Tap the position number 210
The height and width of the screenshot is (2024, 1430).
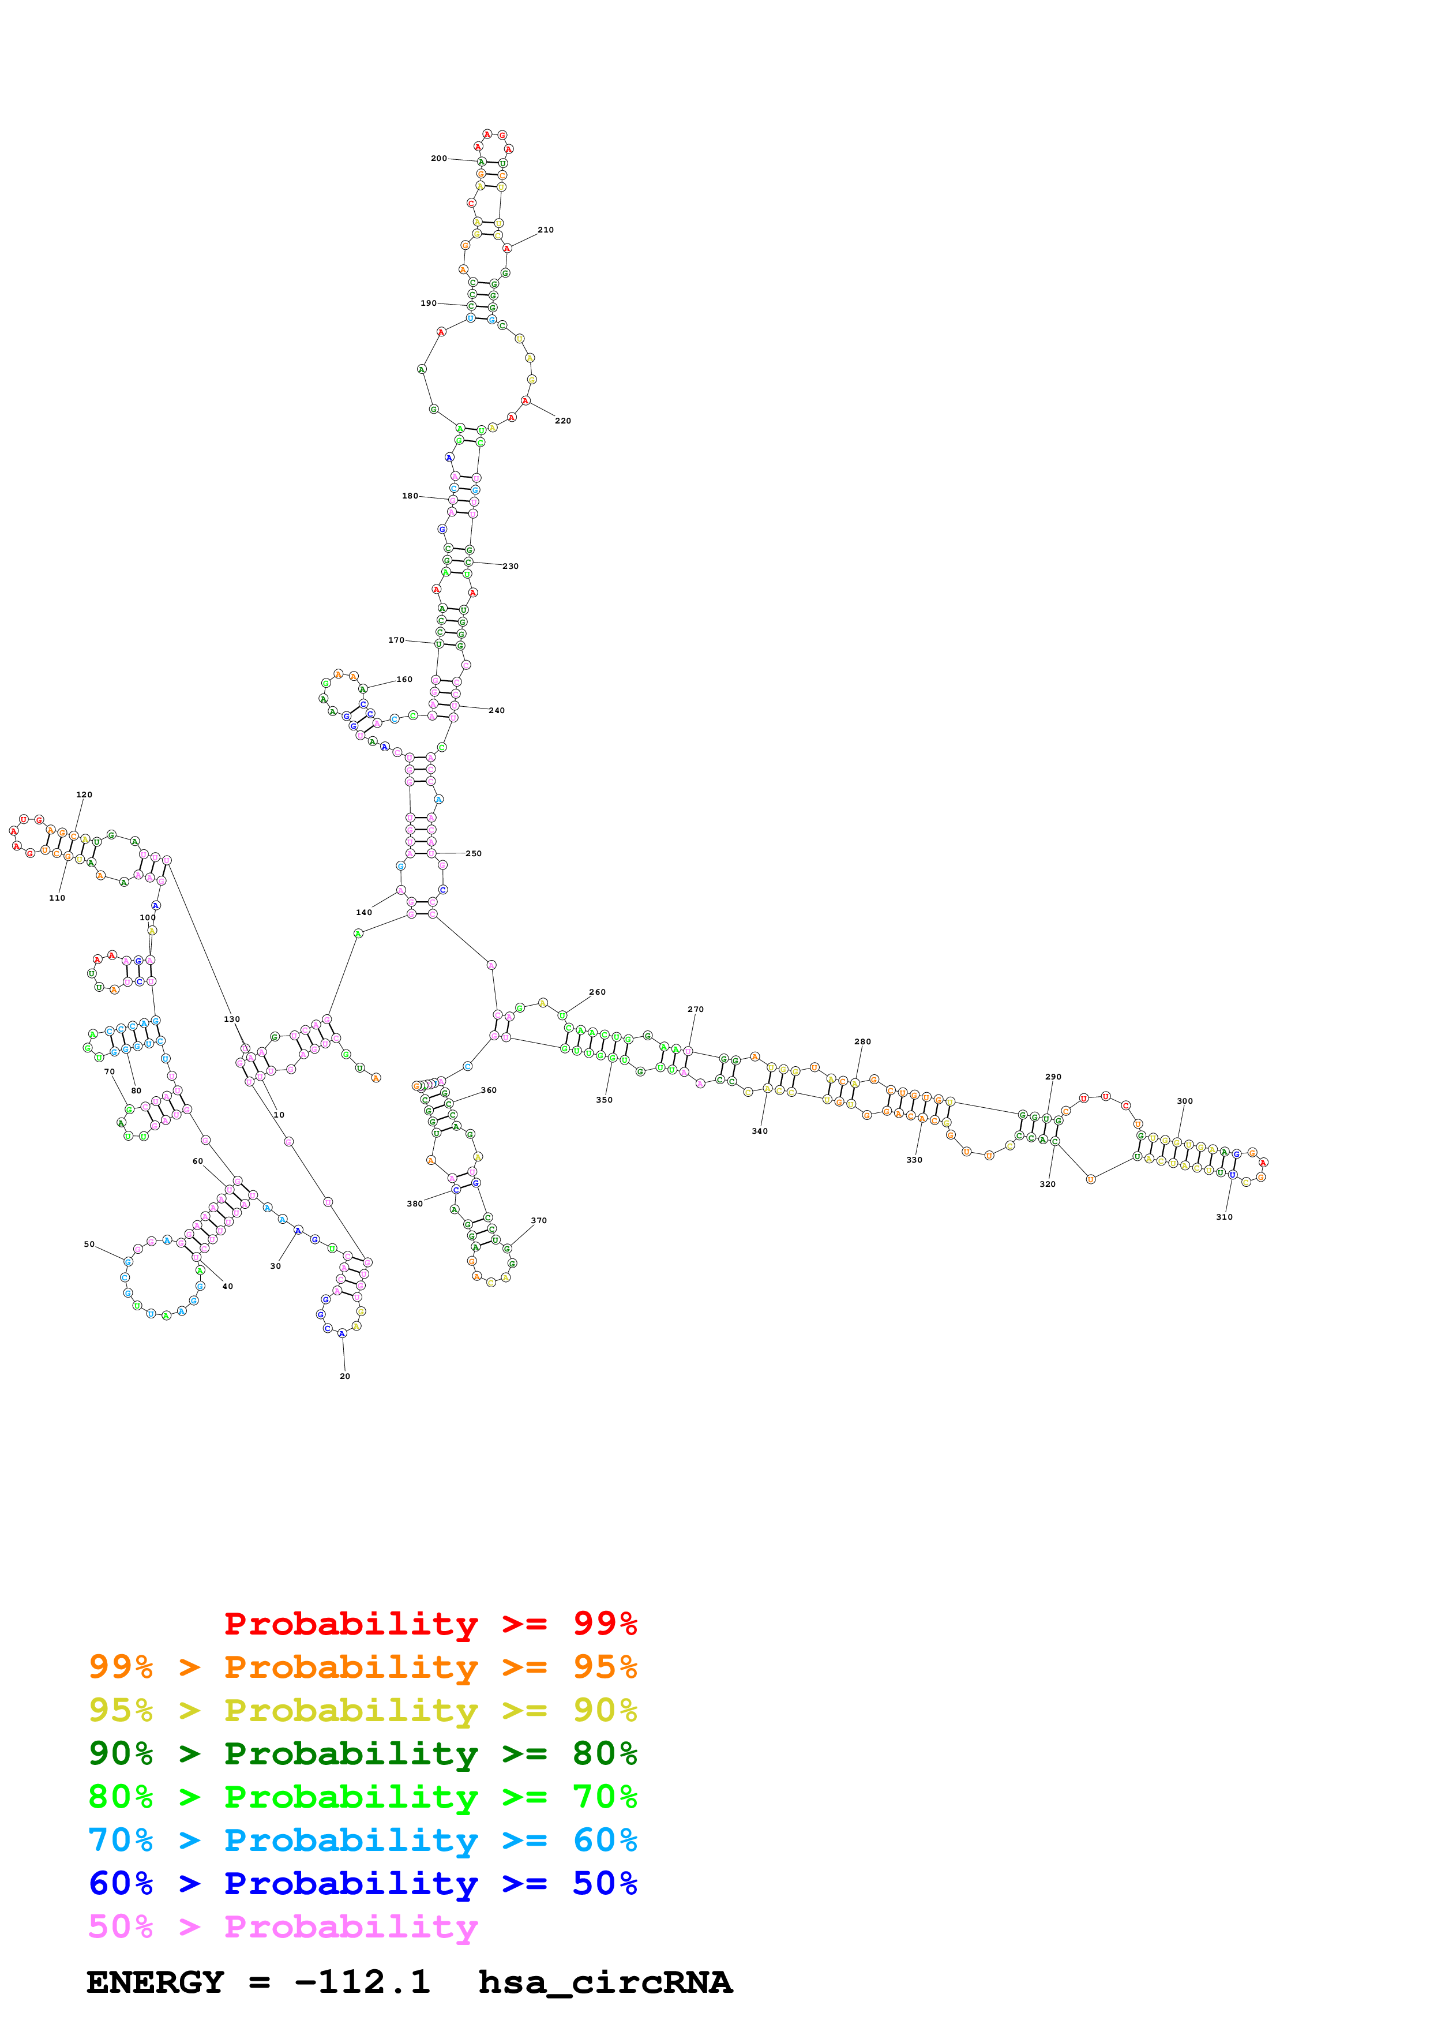click(545, 230)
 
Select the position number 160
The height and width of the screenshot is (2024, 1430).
click(404, 680)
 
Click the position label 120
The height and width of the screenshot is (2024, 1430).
click(84, 795)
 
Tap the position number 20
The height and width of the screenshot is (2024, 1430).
click(344, 1376)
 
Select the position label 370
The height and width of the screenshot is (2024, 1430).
click(538, 1221)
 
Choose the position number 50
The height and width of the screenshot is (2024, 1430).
click(89, 1245)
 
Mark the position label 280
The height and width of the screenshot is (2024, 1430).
click(862, 1042)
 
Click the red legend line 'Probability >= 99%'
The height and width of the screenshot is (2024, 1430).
click(430, 1623)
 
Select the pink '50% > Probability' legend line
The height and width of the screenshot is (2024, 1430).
click(283, 1926)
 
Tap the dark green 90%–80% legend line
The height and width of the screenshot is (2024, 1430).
click(363, 1753)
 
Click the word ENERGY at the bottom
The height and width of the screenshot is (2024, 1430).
click(155, 1982)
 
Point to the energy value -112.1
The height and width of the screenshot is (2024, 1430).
click(362, 1982)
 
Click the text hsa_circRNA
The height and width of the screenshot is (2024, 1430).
click(605, 1982)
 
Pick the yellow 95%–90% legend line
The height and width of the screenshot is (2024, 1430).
click(363, 1710)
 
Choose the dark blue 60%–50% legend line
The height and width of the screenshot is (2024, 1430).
click(363, 1883)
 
